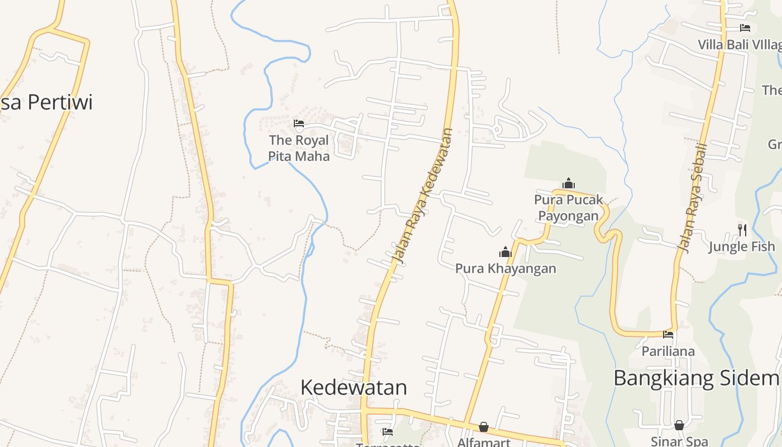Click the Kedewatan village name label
tap(354, 387)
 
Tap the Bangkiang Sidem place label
tap(695, 378)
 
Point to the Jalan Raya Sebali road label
tap(692, 197)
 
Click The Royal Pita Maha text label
tap(299, 148)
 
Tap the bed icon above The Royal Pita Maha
tap(299, 123)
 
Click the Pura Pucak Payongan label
tap(569, 207)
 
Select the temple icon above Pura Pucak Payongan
tap(569, 183)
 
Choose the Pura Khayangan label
tap(506, 268)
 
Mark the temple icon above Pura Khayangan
tap(506, 252)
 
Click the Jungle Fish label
tap(742, 246)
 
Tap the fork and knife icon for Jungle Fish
tap(742, 229)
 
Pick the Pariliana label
tap(668, 351)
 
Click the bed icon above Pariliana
tap(668, 335)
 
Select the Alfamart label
tap(484, 442)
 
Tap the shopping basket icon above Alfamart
tap(484, 427)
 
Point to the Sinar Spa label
tap(679, 441)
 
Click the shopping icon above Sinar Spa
tap(679, 426)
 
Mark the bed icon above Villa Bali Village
tap(745, 27)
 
